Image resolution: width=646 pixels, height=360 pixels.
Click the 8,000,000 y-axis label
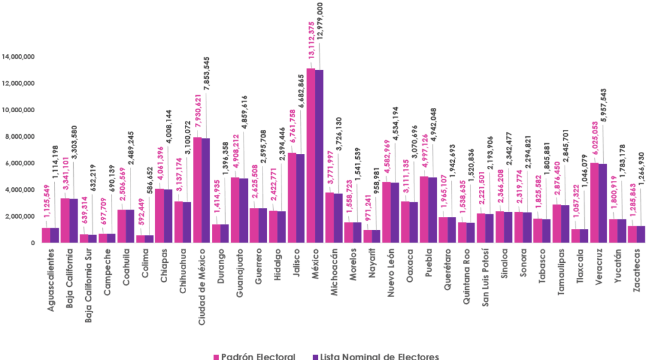point(20,137)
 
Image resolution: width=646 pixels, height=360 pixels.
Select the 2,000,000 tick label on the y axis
point(20,216)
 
